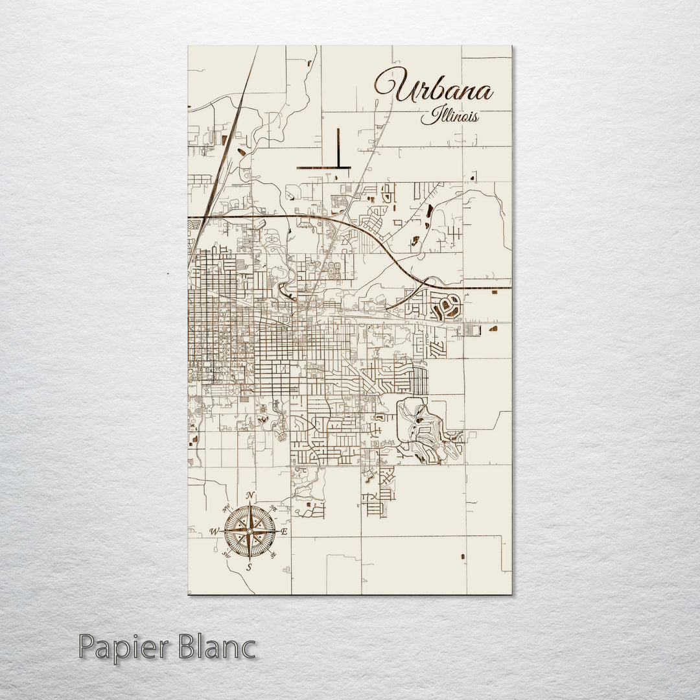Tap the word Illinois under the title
tap(450, 117)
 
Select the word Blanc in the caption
tap(216, 648)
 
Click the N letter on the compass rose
tap(251, 497)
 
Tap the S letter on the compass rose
tap(248, 567)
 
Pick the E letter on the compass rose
tap(284, 531)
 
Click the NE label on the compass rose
tap(273, 509)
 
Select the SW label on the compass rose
tap(226, 554)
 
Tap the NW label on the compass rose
tap(227, 508)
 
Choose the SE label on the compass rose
tap(273, 555)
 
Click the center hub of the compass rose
tap(250, 532)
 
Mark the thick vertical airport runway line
tap(338, 147)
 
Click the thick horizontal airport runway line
tap(323, 168)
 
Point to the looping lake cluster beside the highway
tap(446, 305)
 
